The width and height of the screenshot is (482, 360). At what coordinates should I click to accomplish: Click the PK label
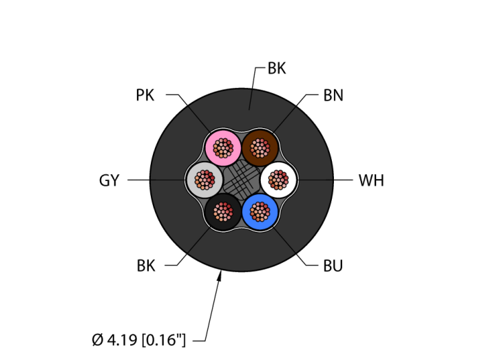click(x=145, y=95)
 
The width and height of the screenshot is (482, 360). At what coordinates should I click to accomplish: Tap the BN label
click(x=333, y=95)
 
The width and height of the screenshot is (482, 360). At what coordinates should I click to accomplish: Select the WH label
click(x=371, y=180)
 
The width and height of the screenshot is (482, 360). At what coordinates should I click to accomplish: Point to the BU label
click(x=333, y=266)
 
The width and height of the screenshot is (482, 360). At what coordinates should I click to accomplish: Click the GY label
click(x=109, y=180)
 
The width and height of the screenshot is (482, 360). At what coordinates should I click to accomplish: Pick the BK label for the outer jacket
click(x=277, y=68)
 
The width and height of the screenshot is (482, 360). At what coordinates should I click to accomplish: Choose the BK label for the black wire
click(x=145, y=266)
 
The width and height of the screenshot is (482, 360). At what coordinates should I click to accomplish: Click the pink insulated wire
click(x=223, y=147)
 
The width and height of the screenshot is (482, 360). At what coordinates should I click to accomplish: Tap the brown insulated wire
click(x=260, y=147)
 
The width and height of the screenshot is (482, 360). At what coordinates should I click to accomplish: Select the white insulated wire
click(x=278, y=180)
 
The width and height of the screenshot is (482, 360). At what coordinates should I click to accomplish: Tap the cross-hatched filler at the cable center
click(x=242, y=180)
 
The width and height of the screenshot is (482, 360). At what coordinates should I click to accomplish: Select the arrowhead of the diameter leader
click(x=220, y=276)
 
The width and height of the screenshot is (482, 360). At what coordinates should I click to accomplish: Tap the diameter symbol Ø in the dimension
click(x=98, y=339)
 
